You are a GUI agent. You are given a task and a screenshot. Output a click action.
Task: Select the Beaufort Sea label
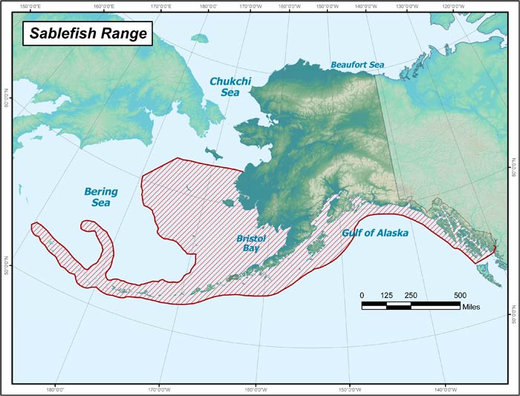click(357, 65)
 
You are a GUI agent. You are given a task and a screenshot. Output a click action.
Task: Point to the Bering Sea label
click(100, 196)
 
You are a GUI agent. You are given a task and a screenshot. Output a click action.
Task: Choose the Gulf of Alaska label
click(374, 233)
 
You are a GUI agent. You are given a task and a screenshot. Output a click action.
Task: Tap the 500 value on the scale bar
click(459, 295)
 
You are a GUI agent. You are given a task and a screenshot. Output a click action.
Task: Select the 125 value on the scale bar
click(386, 295)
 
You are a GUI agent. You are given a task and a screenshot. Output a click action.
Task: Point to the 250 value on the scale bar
click(411, 295)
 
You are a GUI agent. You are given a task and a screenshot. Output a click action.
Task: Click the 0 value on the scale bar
click(363, 295)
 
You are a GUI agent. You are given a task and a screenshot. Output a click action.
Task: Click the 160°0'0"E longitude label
click(103, 7)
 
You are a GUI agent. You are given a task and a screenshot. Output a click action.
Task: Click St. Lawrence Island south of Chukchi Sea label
click(214, 153)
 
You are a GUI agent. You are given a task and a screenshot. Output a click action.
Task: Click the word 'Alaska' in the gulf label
click(391, 233)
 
